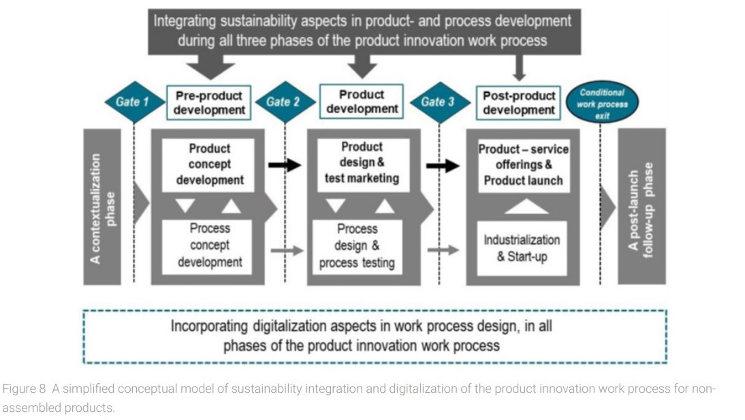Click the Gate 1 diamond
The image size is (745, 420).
pyautogui.click(x=133, y=102)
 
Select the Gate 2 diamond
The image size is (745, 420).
pyautogui.click(x=285, y=102)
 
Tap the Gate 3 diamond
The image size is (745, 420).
pyautogui.click(x=439, y=102)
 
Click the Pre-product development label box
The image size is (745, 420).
pyautogui.click(x=209, y=103)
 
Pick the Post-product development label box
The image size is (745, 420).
pyautogui.click(x=518, y=103)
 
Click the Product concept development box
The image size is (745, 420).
pyautogui.click(x=208, y=164)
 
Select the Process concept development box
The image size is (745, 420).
pyautogui.click(x=208, y=246)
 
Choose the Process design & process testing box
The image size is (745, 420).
pyautogui.click(x=358, y=246)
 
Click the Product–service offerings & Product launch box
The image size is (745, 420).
pyautogui.click(x=524, y=166)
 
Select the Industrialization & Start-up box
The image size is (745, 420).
pyautogui.click(x=522, y=248)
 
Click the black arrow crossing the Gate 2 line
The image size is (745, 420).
pyautogui.click(x=285, y=165)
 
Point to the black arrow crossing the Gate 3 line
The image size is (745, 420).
pyautogui.click(x=443, y=166)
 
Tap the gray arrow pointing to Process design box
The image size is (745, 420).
pyautogui.click(x=287, y=250)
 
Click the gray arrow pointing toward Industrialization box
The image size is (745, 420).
pyautogui.click(x=443, y=250)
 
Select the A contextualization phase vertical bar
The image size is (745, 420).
pyautogui.click(x=102, y=207)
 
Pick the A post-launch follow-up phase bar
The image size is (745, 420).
pyautogui.click(x=641, y=207)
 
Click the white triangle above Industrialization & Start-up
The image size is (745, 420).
pyautogui.click(x=526, y=207)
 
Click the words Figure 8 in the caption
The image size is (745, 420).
pyautogui.click(x=24, y=389)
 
